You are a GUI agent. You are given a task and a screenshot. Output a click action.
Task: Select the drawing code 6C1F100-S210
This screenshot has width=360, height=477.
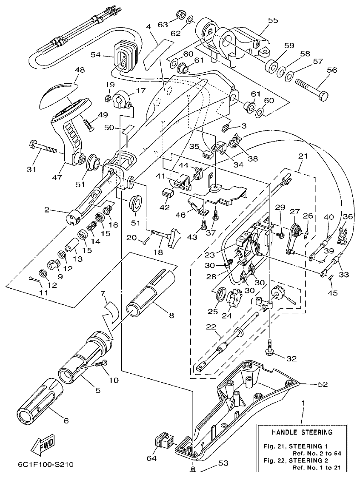(46, 464)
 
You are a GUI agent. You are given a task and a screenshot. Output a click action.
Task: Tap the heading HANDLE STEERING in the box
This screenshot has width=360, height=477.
(303, 433)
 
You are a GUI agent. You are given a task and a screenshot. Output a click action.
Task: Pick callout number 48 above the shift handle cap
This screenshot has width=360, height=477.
(79, 70)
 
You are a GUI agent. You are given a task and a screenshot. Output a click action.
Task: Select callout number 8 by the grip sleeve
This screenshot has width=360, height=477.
(171, 315)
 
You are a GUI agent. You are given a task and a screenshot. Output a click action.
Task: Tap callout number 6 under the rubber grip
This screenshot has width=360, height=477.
(66, 421)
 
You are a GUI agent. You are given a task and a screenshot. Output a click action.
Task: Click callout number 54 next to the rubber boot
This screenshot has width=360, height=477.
(96, 54)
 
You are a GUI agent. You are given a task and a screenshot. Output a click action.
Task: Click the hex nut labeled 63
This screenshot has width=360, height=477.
(180, 15)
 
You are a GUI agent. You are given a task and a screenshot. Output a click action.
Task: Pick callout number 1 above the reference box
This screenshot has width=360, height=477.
(303, 402)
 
